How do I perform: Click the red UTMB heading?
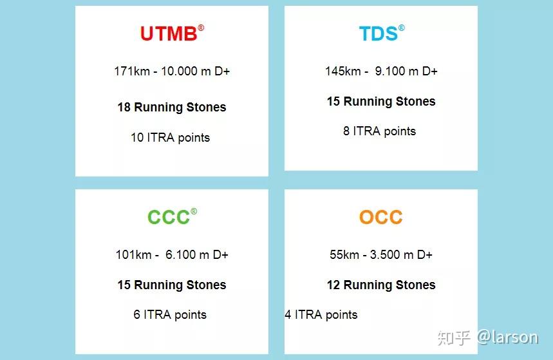(169, 33)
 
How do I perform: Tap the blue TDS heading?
(378, 33)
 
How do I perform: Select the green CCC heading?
(169, 217)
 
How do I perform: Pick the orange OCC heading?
(381, 217)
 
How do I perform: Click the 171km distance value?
(131, 71)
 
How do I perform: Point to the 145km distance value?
(342, 71)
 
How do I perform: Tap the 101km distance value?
(133, 255)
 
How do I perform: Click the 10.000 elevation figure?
(179, 71)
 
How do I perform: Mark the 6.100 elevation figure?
(180, 255)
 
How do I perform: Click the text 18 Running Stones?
(172, 108)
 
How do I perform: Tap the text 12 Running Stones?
(381, 285)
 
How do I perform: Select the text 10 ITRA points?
(170, 137)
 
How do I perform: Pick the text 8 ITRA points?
(379, 131)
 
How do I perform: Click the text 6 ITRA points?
(170, 315)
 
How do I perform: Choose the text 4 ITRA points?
(321, 315)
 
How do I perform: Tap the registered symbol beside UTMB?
(201, 28)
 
